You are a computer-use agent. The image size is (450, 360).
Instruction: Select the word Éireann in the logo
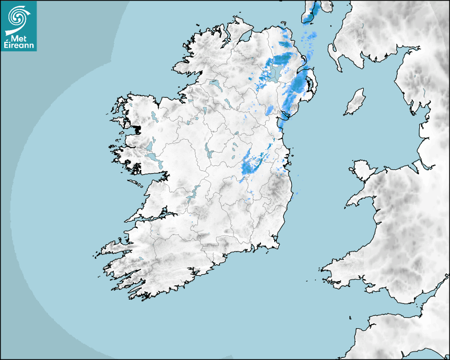point(20,45)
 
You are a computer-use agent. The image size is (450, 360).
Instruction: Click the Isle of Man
point(355,102)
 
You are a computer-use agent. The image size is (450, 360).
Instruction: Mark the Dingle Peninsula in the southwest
point(114,247)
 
